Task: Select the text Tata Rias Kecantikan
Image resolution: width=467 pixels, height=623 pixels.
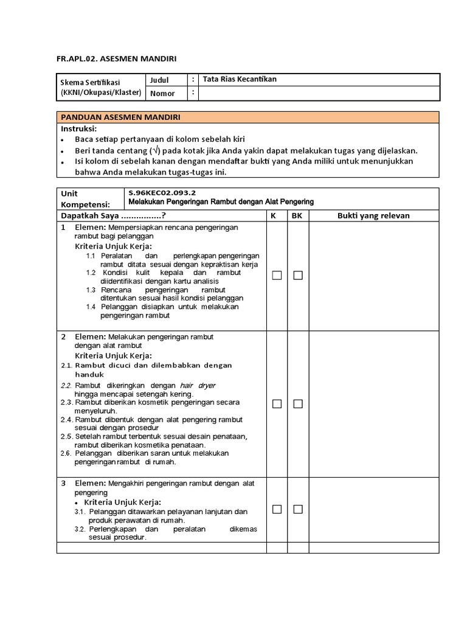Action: (239, 80)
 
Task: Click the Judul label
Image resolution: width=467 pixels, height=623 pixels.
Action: (160, 80)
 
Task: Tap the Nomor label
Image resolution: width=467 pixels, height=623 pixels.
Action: (162, 94)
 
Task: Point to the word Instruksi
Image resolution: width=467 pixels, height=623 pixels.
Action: (78, 129)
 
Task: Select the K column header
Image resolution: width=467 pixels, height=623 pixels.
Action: (274, 216)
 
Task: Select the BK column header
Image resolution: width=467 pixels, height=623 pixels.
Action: (297, 216)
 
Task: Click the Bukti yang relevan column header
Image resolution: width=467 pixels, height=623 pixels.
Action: (373, 216)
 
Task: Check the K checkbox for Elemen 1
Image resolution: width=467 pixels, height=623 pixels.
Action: (277, 276)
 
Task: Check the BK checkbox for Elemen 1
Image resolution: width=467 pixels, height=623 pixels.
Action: (298, 276)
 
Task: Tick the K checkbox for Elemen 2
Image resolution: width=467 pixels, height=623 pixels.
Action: (277, 404)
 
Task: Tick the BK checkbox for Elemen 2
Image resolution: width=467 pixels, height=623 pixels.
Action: (298, 404)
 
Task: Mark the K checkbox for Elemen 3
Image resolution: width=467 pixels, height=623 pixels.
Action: (277, 509)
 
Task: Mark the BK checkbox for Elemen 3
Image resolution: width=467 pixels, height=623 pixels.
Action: (298, 509)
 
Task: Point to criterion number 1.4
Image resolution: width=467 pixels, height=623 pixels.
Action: (91, 307)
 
